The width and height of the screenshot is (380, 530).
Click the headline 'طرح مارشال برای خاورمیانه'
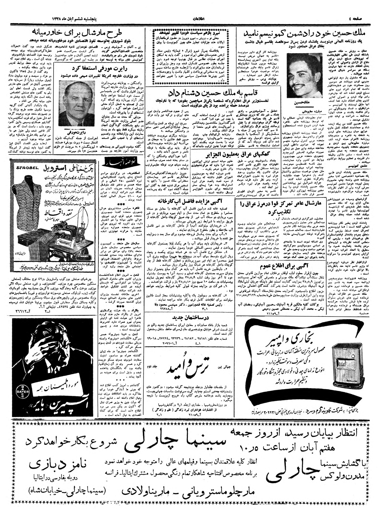pos(77,33)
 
